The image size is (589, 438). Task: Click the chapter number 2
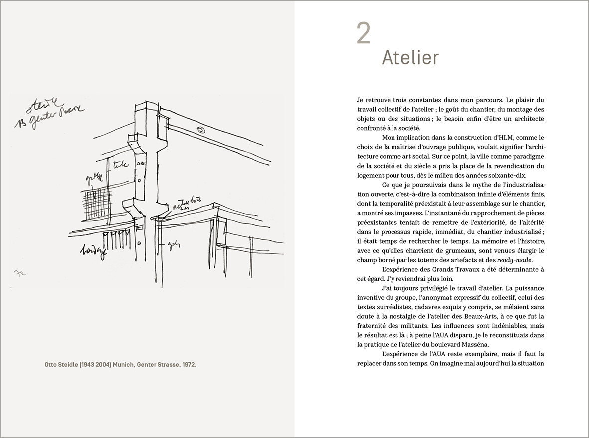[364, 34]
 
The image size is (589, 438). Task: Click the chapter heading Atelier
[410, 58]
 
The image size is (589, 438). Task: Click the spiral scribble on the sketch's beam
[201, 130]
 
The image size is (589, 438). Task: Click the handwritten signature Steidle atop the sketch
[42, 107]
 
